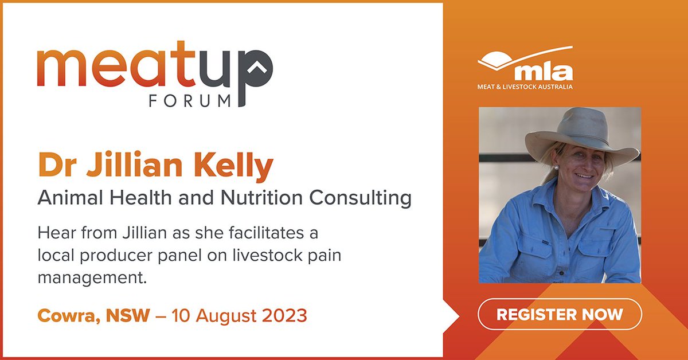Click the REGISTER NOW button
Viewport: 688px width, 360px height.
[x=560, y=314]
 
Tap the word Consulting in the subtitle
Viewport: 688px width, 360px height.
[x=360, y=198]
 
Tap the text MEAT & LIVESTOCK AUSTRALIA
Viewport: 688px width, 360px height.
[x=525, y=87]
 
